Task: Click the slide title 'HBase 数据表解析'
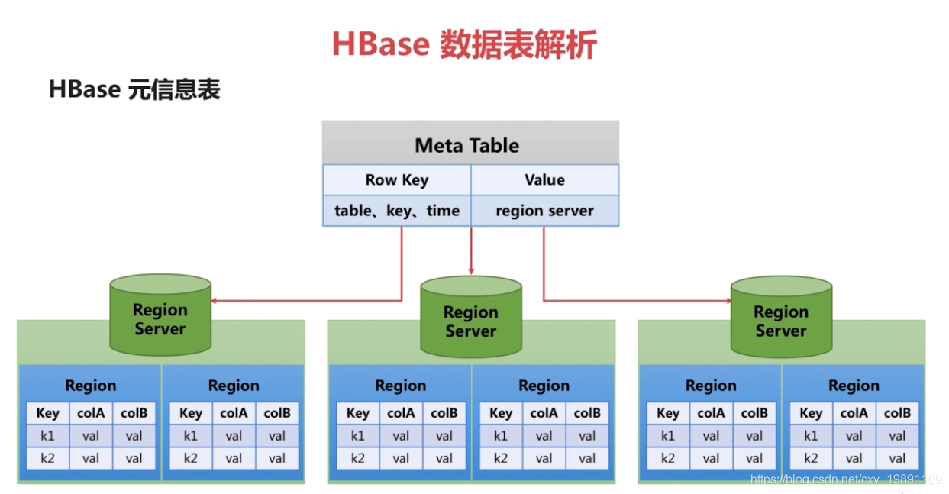[x=464, y=45]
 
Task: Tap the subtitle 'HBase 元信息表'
[x=134, y=90]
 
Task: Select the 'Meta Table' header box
[x=470, y=144]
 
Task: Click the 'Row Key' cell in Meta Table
[x=396, y=180]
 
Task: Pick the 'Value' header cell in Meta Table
[x=544, y=180]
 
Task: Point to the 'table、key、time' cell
[x=396, y=211]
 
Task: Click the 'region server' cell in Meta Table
[x=544, y=211]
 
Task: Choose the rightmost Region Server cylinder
[x=781, y=320]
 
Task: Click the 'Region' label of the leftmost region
[x=91, y=386]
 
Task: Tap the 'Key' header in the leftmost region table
[x=47, y=413]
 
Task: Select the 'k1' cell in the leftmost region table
[x=47, y=436]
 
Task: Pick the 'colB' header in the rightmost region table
[x=897, y=413]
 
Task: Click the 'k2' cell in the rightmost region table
[x=811, y=458]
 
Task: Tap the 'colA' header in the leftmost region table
[x=91, y=413]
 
